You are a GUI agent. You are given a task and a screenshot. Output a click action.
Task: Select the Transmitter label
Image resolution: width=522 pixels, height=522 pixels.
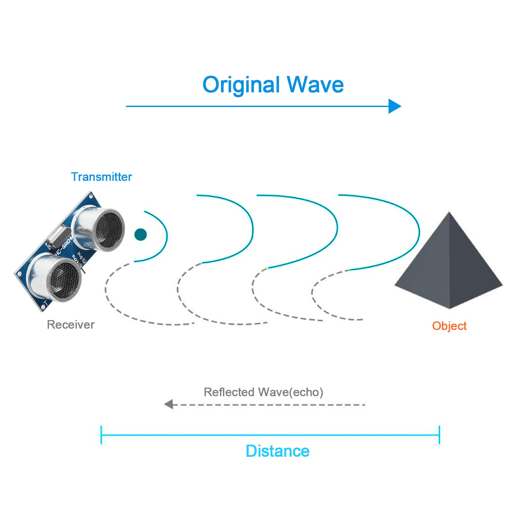coord(101,177)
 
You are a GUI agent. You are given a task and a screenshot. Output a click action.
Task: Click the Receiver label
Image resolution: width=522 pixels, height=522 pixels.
coord(71,325)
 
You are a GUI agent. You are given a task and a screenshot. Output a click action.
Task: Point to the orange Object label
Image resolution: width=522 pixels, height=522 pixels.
coord(449,326)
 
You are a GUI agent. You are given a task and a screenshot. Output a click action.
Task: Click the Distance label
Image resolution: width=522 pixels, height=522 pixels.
coord(278,451)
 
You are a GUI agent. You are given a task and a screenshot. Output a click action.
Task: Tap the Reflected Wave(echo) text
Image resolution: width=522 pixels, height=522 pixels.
coord(264,392)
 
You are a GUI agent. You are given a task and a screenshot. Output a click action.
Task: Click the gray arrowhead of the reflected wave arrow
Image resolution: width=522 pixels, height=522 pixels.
coord(169,405)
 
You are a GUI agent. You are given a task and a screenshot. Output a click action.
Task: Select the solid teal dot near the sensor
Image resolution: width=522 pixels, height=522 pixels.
coord(141,235)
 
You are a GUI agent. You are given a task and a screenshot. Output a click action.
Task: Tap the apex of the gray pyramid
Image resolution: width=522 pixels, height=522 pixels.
coord(449,212)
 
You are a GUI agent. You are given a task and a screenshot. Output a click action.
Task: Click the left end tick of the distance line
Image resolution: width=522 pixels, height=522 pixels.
coord(101,435)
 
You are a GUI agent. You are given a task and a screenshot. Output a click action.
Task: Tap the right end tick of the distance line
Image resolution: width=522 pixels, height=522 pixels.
coord(439,435)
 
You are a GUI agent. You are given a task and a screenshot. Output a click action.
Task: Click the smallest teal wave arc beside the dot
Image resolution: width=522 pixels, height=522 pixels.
coord(167,235)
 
